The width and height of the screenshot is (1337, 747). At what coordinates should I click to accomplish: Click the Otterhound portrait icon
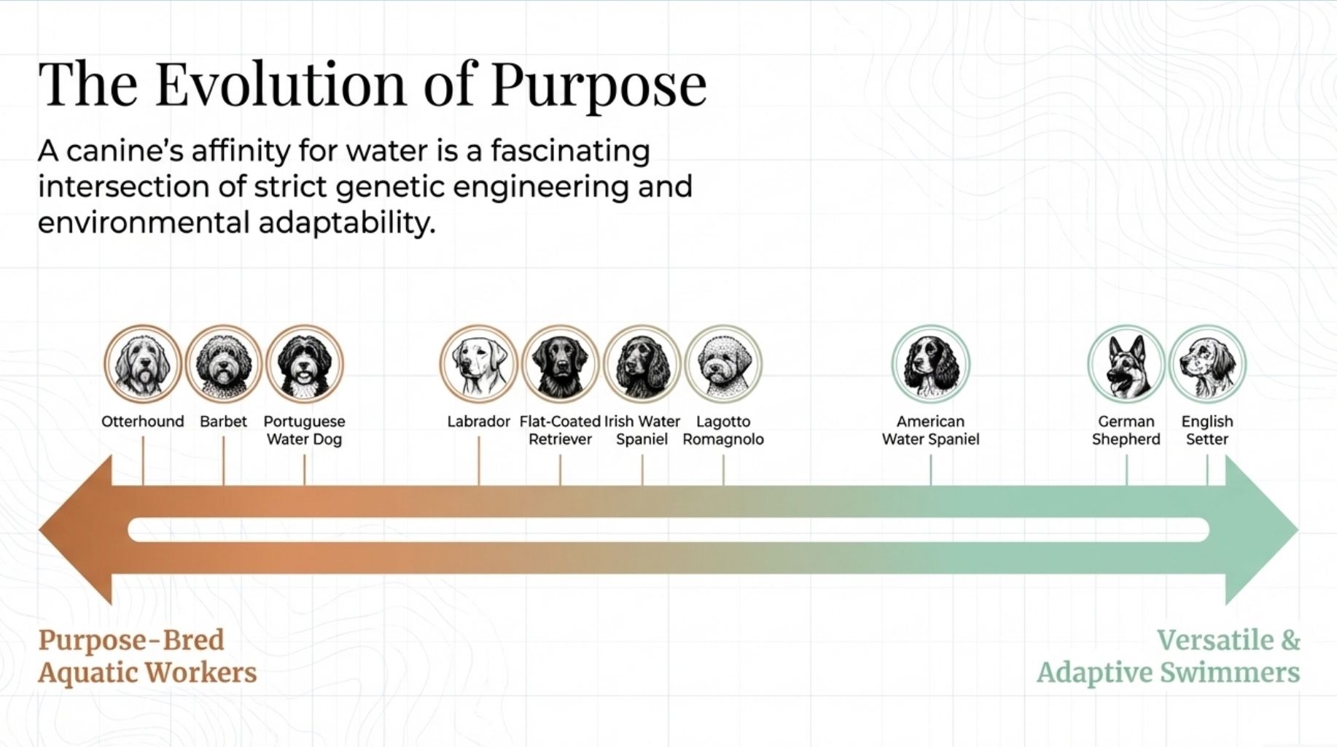coord(142,363)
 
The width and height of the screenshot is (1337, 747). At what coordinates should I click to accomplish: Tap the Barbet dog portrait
coord(223,363)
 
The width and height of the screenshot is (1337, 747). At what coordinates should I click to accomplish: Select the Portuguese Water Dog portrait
coord(304,363)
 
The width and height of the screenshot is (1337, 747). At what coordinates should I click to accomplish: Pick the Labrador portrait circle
coord(478,363)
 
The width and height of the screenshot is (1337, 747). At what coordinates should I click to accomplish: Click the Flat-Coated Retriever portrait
coord(560,363)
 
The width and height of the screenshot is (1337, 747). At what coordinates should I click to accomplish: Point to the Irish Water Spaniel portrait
coord(642,363)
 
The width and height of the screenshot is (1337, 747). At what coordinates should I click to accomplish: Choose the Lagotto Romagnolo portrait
coord(723,363)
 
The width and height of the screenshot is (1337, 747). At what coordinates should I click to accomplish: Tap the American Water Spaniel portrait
coord(930,363)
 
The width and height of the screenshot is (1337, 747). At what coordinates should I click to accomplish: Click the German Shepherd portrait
coord(1126,363)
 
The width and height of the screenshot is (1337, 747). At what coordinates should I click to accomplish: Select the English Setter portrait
coord(1207,363)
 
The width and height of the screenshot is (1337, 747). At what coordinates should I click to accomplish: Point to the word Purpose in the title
coord(598,86)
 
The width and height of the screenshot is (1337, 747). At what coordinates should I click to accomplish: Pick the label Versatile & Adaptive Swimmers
coord(1168,656)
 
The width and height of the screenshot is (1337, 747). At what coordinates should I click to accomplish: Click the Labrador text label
coord(478,422)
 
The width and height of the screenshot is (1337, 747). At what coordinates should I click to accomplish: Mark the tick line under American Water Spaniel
coord(930,470)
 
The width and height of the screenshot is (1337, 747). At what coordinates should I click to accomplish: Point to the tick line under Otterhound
coord(143,461)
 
